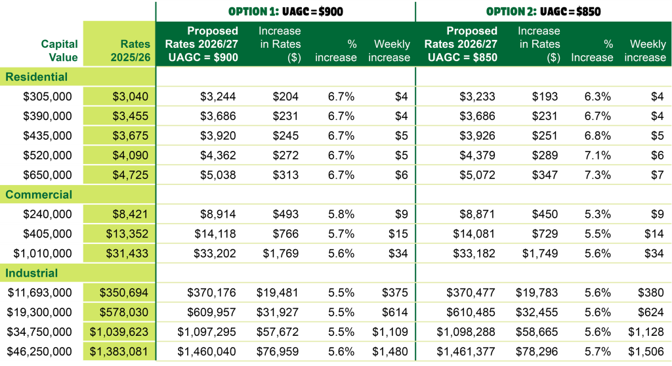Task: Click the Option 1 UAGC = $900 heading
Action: click(x=285, y=11)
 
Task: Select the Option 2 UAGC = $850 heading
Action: click(x=543, y=11)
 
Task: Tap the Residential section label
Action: click(x=37, y=77)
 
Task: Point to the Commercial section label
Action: click(x=39, y=195)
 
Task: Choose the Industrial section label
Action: click(x=31, y=273)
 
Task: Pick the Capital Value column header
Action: click(x=59, y=51)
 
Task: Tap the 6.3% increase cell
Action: click(x=597, y=96)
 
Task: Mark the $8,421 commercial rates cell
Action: click(x=130, y=214)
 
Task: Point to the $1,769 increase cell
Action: click(x=280, y=253)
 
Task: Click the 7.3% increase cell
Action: click(x=597, y=175)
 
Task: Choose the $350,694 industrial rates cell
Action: click(x=124, y=293)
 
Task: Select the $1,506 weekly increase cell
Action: click(x=646, y=352)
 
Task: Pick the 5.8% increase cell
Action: click(x=341, y=214)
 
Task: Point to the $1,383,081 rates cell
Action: click(x=119, y=352)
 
